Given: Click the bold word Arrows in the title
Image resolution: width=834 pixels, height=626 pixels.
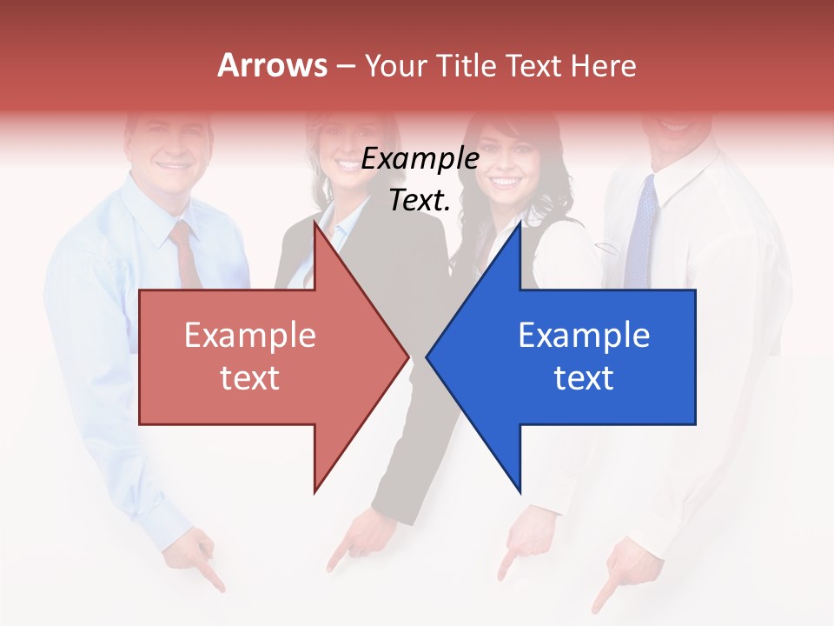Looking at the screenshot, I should (x=273, y=65).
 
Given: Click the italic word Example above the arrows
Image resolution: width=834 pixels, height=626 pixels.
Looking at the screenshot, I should (x=420, y=160).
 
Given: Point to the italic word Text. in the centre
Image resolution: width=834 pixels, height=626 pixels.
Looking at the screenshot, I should (x=420, y=201).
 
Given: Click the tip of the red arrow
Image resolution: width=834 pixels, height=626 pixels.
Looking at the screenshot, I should (x=407, y=356).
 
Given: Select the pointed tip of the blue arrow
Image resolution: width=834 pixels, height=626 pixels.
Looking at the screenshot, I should (x=428, y=356).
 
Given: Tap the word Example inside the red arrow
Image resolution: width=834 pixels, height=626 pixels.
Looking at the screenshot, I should (x=250, y=336).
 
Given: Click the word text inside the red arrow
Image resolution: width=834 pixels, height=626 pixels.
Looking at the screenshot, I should (x=250, y=378).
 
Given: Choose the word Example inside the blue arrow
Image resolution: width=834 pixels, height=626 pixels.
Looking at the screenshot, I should (x=584, y=336).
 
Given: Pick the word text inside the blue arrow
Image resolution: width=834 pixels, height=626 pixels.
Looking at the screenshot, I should (x=584, y=378).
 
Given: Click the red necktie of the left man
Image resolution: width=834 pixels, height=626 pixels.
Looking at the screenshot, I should (x=185, y=252).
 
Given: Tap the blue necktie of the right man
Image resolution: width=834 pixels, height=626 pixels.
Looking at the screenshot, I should (x=641, y=230).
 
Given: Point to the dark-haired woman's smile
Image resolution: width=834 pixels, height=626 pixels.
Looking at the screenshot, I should (x=505, y=183).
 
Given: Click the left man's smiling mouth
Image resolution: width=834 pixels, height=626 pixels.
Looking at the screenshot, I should (x=172, y=164).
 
